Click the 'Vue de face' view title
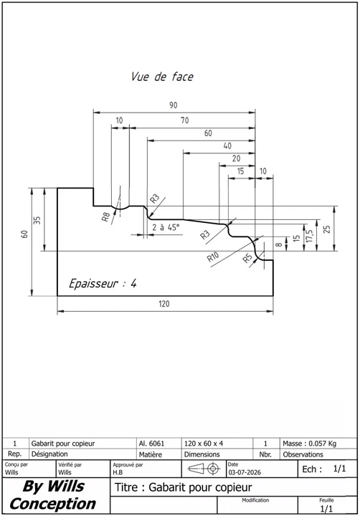click(162, 77)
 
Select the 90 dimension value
click(174, 105)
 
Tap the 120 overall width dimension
click(164, 303)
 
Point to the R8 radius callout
click(105, 217)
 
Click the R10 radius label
click(213, 257)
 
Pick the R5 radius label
click(247, 258)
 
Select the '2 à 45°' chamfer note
click(166, 227)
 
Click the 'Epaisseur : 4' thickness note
click(103, 283)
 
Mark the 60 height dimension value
click(24, 234)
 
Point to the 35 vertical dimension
click(37, 220)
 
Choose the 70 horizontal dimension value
click(185, 120)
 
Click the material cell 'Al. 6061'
click(151, 444)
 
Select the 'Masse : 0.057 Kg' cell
click(309, 444)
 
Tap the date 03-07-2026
click(245, 472)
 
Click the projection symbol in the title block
click(204, 468)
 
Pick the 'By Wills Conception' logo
click(52, 495)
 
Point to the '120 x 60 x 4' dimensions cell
click(204, 444)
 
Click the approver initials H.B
click(118, 472)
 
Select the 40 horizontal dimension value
click(227, 145)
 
